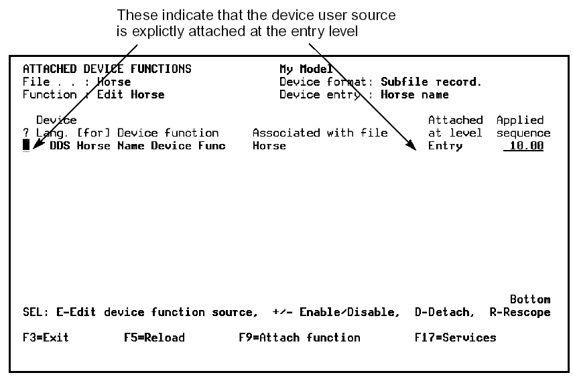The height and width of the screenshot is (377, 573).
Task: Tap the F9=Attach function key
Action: coord(299,337)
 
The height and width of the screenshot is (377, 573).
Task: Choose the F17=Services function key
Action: coord(455,337)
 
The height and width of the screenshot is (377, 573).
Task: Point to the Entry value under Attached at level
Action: coord(445,146)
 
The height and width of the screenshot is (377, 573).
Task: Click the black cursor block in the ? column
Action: coord(26,145)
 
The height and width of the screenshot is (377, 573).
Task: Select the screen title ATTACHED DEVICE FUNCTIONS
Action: coord(107,69)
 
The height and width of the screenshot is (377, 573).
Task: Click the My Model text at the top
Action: coord(306,69)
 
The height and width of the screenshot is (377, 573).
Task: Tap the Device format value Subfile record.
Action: coord(431,82)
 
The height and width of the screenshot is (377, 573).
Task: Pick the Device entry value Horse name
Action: coord(414,95)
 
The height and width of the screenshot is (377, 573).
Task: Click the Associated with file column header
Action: coord(320,133)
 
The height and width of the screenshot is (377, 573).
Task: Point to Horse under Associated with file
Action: coord(269,146)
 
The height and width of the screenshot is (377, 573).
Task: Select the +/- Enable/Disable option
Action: coord(336,312)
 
